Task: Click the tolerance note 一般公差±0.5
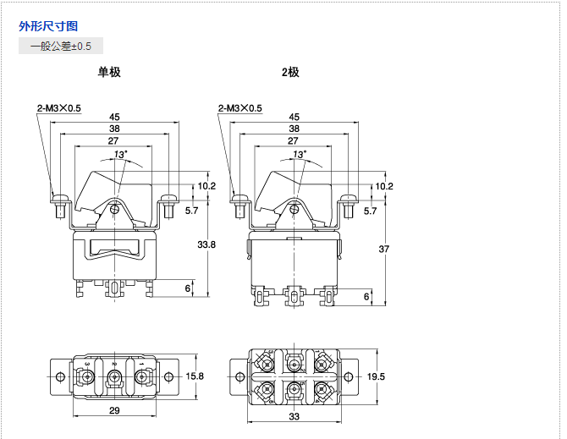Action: pos(61,46)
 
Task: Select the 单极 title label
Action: pos(109,72)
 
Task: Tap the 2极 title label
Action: pos(290,72)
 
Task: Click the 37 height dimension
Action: pos(384,249)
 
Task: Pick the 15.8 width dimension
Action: pos(195,376)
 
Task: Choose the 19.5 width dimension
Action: pos(376,376)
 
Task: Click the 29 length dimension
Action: pos(114,411)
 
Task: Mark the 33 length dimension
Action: pos(294,417)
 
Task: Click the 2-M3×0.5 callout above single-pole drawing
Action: pos(58,107)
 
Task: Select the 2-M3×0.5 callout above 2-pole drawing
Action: pos(239,107)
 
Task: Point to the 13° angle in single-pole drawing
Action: pos(121,155)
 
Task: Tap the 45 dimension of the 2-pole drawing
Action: pos(294,117)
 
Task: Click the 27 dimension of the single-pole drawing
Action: pos(113,140)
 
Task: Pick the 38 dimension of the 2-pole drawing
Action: pos(294,129)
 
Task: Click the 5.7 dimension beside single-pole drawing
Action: pos(191,211)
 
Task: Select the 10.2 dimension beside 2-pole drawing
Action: pos(384,186)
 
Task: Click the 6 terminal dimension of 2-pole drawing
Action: pos(366,296)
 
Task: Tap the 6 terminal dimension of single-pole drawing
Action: pos(188,288)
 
